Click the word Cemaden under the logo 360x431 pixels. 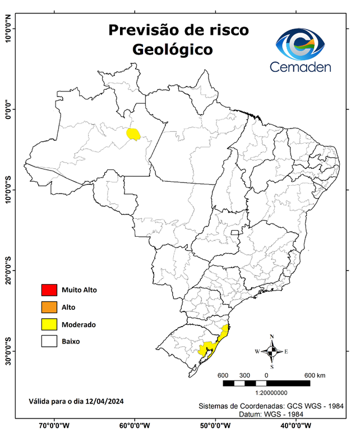point(301,67)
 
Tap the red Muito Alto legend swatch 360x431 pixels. point(49,290)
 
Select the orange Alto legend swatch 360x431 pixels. point(49,307)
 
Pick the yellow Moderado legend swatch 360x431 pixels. point(49,324)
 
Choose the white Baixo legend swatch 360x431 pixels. point(49,341)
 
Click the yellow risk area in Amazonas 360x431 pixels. point(133,134)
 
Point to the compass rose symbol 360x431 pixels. point(272,351)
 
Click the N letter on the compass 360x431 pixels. point(272,337)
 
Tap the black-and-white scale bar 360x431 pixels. point(266,383)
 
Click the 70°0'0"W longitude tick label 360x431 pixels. point(54,425)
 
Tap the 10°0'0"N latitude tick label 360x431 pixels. point(8,29)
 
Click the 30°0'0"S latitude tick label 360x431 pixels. point(8,351)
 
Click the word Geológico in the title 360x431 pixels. point(172,49)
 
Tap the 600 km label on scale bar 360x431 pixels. point(314,375)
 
